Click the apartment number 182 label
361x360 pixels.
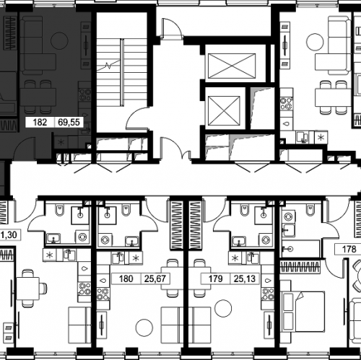(x=40, y=122)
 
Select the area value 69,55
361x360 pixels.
(x=69, y=122)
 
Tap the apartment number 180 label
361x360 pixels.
(x=126, y=278)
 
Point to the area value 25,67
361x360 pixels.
(x=155, y=278)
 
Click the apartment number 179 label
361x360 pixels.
(x=215, y=278)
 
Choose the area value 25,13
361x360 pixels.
(x=245, y=278)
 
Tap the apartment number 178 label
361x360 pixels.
(x=349, y=249)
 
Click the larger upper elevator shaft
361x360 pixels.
(x=232, y=66)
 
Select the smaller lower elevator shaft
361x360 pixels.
(x=224, y=110)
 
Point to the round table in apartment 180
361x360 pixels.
(x=144, y=328)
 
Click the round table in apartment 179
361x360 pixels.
(x=223, y=308)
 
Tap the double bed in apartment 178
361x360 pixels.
(x=303, y=311)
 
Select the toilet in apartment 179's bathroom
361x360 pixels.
(x=245, y=210)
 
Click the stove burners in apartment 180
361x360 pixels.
(x=103, y=294)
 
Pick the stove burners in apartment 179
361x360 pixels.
(x=268, y=294)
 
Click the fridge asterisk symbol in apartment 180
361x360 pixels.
(x=136, y=258)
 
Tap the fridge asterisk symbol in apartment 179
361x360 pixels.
(x=235, y=258)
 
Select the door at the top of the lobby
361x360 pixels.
(x=171, y=28)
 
